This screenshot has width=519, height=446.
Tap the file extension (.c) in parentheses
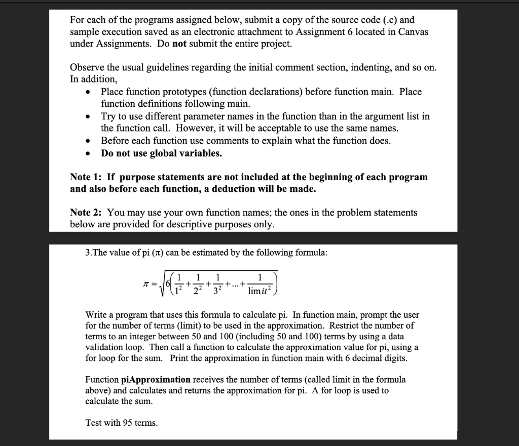(x=381, y=20)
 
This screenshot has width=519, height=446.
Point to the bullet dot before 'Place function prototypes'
(x=89, y=92)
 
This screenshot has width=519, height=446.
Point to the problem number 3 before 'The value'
(x=88, y=253)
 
